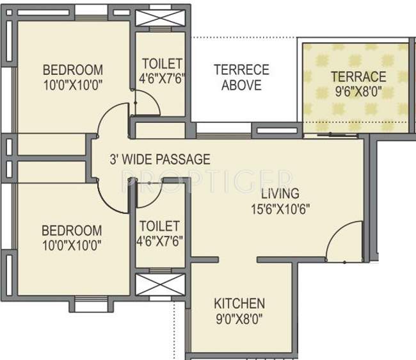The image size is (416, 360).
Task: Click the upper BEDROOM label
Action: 72,69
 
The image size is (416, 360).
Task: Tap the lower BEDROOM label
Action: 72,230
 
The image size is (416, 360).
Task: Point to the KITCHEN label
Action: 239,303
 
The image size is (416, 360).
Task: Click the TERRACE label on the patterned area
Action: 358,77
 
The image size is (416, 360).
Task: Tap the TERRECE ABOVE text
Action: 241,77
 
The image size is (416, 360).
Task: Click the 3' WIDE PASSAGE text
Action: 160,160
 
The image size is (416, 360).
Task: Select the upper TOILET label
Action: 162,64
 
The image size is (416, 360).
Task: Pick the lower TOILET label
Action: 159,226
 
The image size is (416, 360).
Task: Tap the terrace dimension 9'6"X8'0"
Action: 358,91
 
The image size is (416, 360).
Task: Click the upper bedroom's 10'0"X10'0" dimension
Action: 72,84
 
